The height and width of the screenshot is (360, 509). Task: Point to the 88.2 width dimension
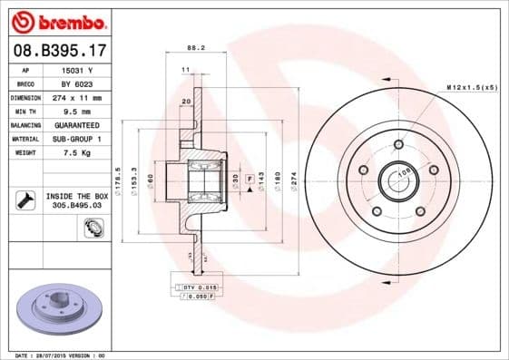click(192, 47)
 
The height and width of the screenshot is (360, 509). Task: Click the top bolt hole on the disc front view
click(397, 144)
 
